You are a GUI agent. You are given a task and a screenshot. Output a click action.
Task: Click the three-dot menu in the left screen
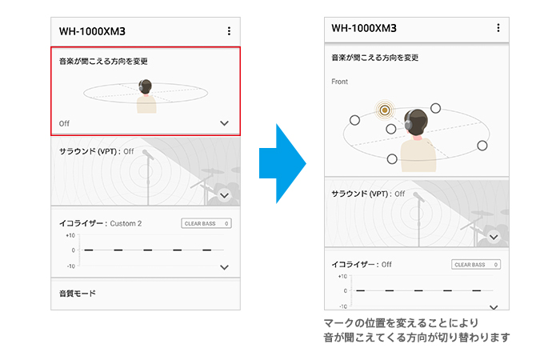(x=229, y=31)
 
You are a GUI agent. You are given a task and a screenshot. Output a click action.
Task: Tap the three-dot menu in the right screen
(x=498, y=28)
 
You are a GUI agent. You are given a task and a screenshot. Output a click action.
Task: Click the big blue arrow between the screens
(x=282, y=163)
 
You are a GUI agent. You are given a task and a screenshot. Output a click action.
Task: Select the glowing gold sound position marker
(x=385, y=110)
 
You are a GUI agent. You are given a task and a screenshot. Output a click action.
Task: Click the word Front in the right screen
(x=339, y=82)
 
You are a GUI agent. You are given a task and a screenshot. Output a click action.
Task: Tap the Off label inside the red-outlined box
(x=64, y=123)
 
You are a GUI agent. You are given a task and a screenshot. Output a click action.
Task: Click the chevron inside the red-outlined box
(x=224, y=123)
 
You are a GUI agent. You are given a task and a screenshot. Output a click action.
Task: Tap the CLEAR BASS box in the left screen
(x=206, y=223)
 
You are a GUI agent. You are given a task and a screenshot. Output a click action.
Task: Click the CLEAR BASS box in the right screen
(x=476, y=265)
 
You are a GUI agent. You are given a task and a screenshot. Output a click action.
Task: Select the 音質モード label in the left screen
(x=78, y=294)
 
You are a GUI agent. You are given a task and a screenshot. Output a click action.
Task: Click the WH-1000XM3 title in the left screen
(x=92, y=31)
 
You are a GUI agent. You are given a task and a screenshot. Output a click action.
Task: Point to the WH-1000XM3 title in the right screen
(x=364, y=28)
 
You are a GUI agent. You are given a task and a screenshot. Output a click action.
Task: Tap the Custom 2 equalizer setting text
(x=126, y=223)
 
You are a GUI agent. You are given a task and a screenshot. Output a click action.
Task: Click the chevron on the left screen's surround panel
(x=224, y=195)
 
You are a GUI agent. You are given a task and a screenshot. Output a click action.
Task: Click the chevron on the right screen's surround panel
(x=494, y=237)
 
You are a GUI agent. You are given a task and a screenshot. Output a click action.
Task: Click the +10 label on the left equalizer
(x=70, y=236)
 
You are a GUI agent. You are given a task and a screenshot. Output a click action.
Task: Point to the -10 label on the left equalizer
(x=70, y=266)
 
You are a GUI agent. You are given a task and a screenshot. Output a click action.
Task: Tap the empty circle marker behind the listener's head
(x=435, y=108)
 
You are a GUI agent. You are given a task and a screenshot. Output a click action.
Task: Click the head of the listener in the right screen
(x=417, y=122)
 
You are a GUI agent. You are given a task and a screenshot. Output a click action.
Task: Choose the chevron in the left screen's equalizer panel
(x=224, y=267)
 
